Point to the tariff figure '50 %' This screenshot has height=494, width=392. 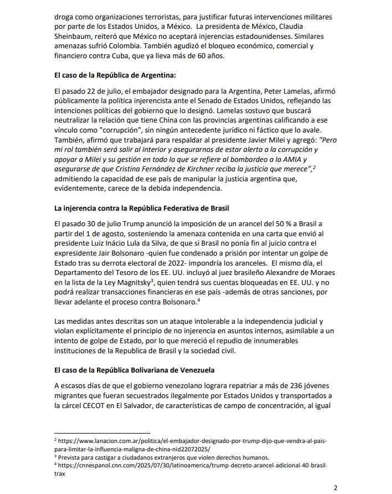tap(275, 225)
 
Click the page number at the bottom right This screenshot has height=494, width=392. tap(335, 487)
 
